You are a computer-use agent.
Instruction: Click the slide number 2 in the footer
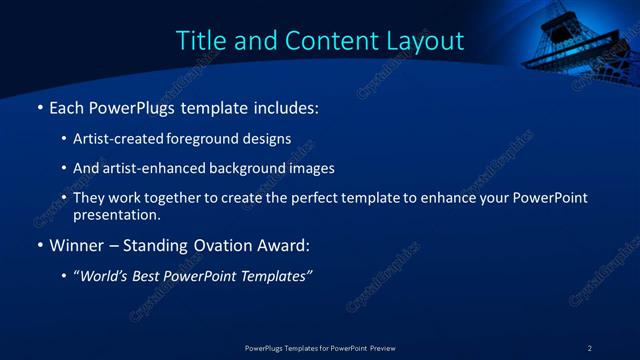point(590,348)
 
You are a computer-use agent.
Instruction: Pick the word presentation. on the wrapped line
point(117,214)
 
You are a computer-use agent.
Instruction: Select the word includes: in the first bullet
point(276,106)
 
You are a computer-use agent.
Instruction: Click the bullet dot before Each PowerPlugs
point(39,106)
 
